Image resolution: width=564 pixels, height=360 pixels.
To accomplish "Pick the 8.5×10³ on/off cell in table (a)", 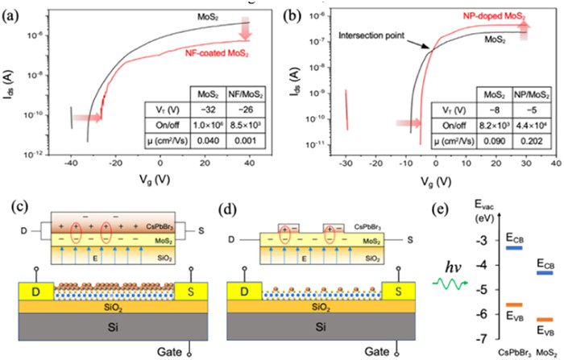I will pos(238,122).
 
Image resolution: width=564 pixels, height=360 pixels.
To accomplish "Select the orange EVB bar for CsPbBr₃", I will pos(490,304).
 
